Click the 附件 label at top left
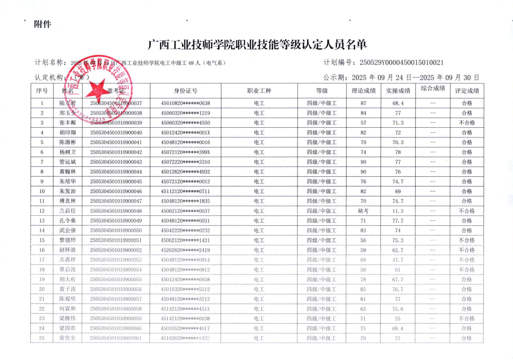(43, 24)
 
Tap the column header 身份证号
(185, 91)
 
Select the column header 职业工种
(259, 91)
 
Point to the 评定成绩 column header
(467, 91)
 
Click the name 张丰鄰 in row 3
(67, 123)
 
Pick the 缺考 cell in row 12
(363, 211)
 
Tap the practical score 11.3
(398, 211)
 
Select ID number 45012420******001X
(185, 132)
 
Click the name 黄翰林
(67, 172)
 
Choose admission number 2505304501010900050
(116, 230)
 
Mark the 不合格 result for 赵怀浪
(467, 250)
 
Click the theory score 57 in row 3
(363, 123)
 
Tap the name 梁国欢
(67, 328)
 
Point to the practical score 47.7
(398, 260)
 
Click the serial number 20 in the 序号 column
(42, 289)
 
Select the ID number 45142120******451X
(185, 309)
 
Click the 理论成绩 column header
(363, 91)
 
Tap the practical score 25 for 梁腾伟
(398, 318)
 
